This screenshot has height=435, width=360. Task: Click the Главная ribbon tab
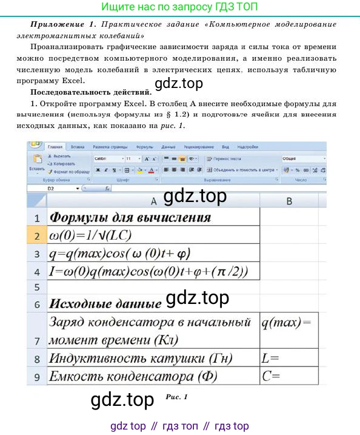tap(55, 147)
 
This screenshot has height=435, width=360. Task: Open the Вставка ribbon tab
tap(78, 147)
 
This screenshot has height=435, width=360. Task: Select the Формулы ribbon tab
tap(145, 147)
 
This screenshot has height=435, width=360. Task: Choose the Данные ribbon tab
tap(168, 147)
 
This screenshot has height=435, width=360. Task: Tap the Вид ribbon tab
tap(225, 147)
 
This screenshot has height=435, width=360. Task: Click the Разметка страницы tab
tap(110, 147)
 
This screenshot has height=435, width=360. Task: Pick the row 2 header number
tap(36, 236)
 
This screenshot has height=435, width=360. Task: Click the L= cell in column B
tap(289, 358)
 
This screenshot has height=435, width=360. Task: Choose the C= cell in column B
tap(289, 376)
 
